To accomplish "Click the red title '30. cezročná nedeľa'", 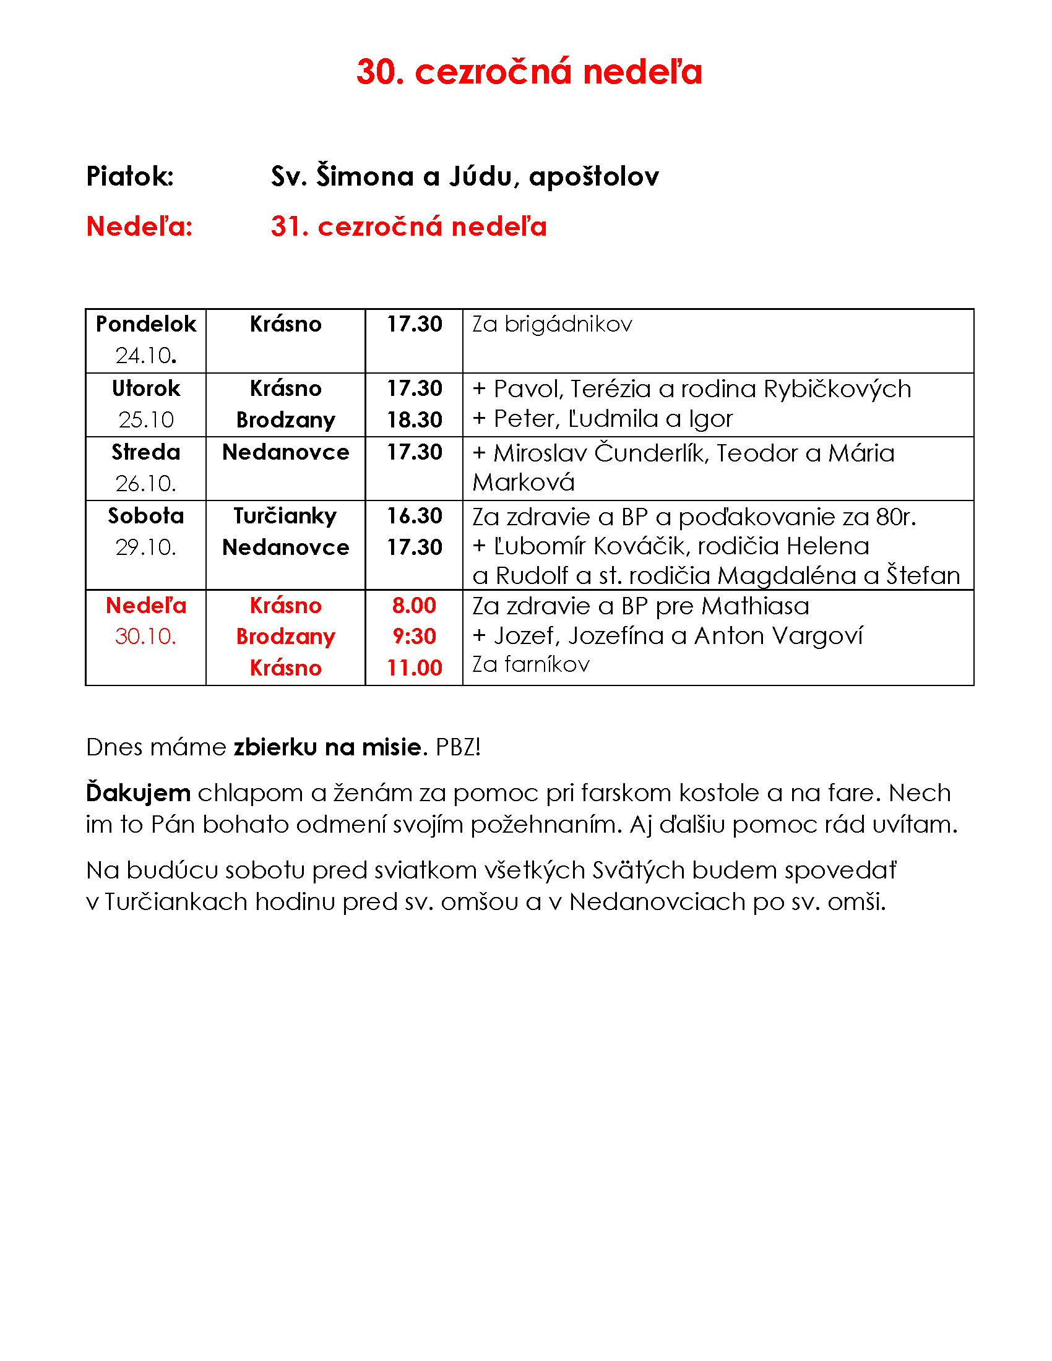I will click(528, 72).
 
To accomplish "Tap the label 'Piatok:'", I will click(129, 176).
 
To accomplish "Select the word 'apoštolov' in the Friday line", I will click(593, 177).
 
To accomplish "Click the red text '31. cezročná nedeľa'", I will click(408, 226).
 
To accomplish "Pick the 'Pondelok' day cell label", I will click(146, 324).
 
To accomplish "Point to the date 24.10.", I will click(146, 355).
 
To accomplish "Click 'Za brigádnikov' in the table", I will click(551, 324).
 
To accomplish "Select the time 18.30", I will click(414, 420).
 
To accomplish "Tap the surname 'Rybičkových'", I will click(837, 389).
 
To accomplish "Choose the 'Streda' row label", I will click(146, 452).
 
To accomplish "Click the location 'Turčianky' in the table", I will click(285, 516).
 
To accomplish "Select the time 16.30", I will click(414, 516).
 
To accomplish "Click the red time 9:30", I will click(414, 636).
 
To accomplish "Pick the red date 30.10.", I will click(146, 636).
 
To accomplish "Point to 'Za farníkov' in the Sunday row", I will click(530, 664).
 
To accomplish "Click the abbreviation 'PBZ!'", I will click(458, 747).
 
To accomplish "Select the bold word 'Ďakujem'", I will click(138, 792).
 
